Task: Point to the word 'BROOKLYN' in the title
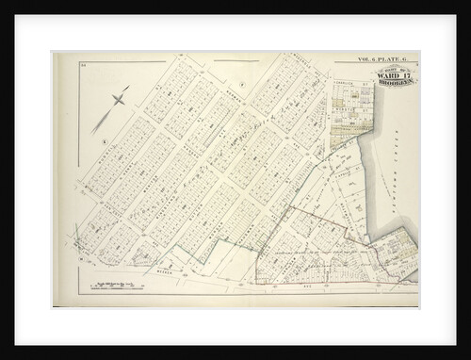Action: (395, 84)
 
